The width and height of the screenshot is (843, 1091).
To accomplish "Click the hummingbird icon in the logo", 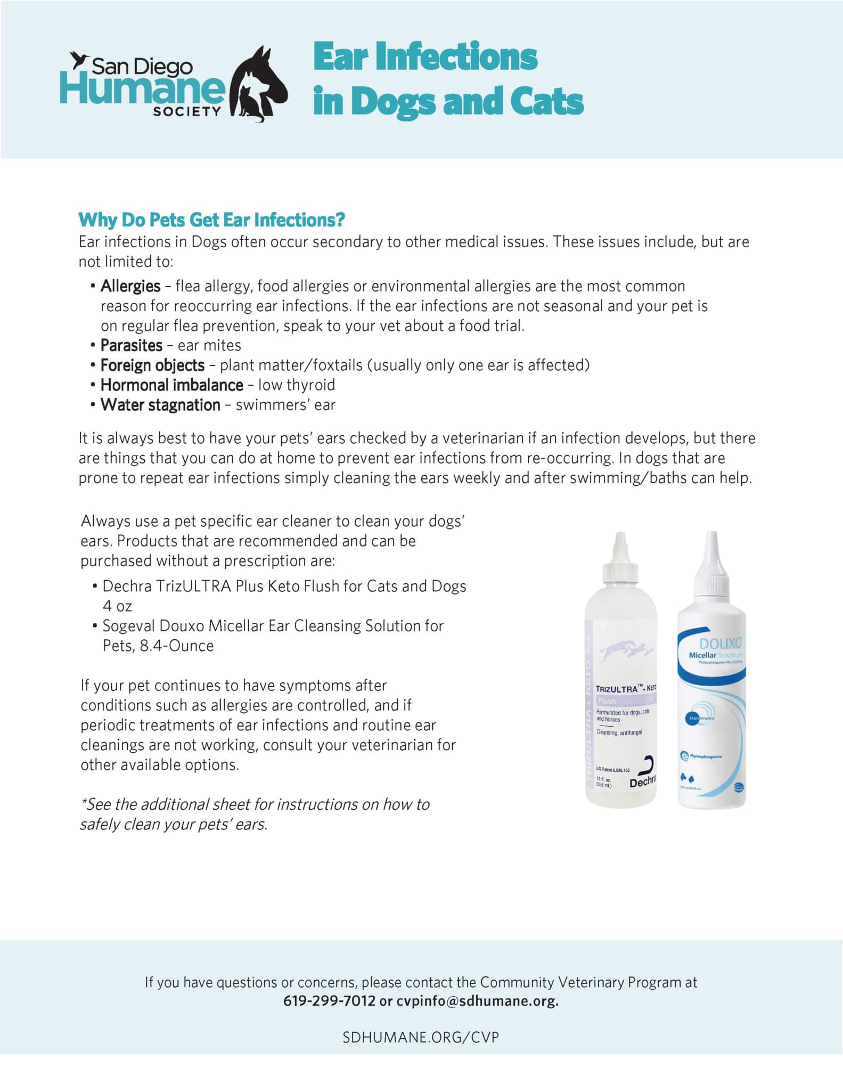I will [79, 60].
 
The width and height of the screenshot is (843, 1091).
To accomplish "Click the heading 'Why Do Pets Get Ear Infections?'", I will [211, 219].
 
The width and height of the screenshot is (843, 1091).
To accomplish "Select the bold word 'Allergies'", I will [130, 286].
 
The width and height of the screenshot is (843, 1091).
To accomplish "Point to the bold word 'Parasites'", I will [132, 345].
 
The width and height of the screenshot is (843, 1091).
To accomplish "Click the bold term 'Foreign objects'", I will [152, 365].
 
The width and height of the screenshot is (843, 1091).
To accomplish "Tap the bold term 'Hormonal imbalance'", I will [171, 385].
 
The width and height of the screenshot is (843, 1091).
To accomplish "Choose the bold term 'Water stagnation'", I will [160, 405].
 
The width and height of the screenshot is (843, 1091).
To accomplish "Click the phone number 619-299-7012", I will [329, 1000].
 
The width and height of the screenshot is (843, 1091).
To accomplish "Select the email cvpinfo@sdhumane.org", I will [477, 1000].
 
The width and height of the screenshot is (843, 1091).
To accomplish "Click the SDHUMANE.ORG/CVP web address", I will [421, 1037].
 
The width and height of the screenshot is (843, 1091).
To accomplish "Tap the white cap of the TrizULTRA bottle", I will [620, 559].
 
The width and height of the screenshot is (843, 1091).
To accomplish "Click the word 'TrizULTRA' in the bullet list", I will [194, 586].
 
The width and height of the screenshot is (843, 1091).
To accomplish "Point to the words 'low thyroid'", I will [297, 385].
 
